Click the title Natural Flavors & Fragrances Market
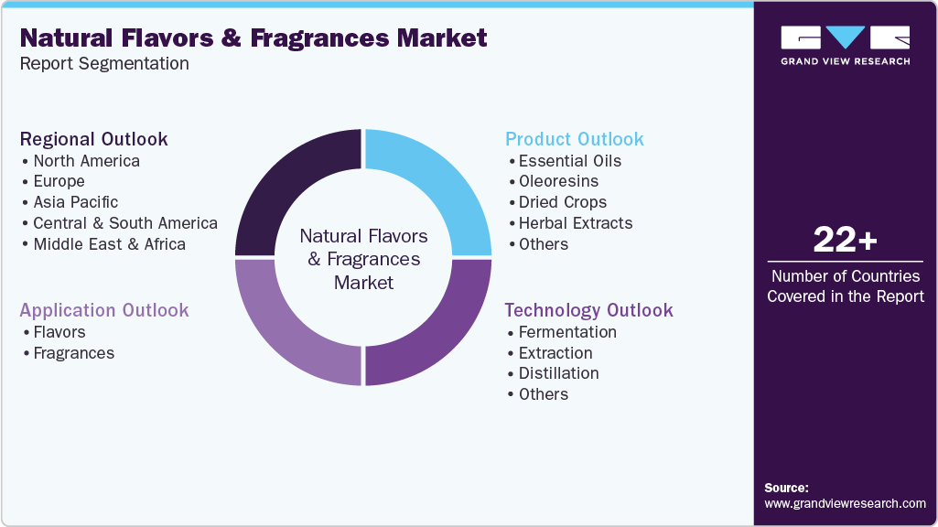point(253,38)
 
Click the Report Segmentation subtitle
point(104,63)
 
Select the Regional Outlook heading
point(93,139)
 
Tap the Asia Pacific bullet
point(75,202)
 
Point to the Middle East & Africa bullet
point(109,244)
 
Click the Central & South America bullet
point(124,223)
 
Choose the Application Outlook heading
point(104,310)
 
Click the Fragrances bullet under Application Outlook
point(73,353)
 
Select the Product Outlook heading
point(575,139)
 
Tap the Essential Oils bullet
point(569,161)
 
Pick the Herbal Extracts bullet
point(575,223)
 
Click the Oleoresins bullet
point(558,181)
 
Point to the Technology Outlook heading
point(588,310)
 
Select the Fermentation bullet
point(567,332)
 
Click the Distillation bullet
point(558,373)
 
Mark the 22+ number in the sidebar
point(845,241)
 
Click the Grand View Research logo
point(845,45)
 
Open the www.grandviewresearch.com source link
point(845,503)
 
